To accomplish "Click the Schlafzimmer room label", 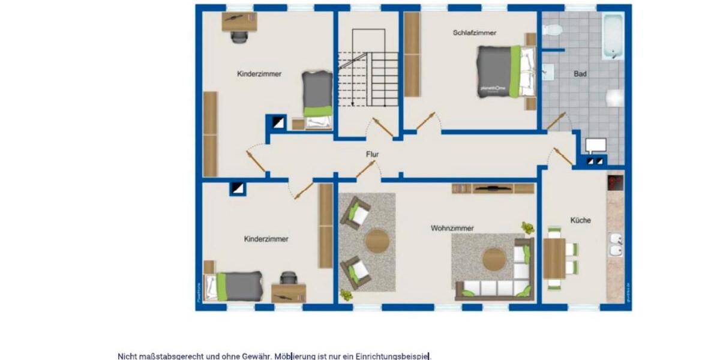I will pos(475,33).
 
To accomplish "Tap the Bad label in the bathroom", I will pos(580,74).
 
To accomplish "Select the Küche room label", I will pos(580,220).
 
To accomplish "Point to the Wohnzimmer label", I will pos(452,228).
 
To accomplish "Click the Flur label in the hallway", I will pos(373,154).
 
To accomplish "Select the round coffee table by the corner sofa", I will pos(494,259).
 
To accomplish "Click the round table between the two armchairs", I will pos(377,241).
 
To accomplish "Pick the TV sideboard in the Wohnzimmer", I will pos(493,188).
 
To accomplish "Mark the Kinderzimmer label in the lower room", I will pos(266,239).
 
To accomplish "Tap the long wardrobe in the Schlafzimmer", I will pos(412,54).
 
